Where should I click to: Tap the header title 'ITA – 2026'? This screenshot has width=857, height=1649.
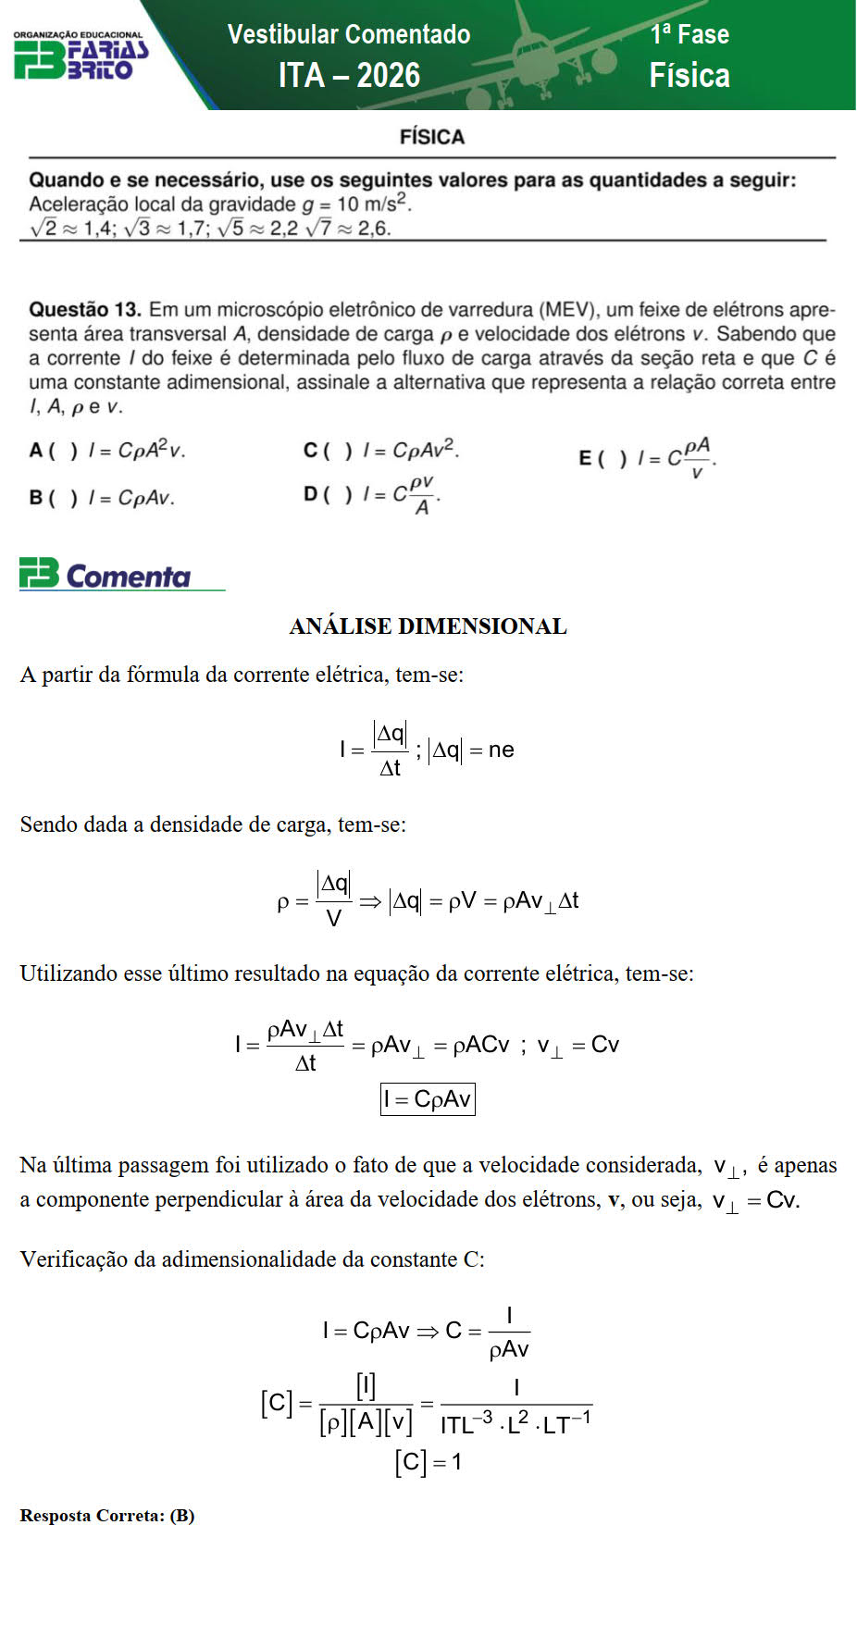349,75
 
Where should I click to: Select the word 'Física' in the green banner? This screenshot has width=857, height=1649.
689,75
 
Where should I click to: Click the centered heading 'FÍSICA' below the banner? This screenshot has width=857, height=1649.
431,137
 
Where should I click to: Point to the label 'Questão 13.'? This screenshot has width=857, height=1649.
85,309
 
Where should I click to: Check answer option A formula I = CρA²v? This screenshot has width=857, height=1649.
136,451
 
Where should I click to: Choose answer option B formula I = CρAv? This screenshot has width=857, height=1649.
131,498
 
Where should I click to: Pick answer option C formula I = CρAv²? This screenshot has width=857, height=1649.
411,451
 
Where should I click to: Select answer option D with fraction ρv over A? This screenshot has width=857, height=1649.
402,495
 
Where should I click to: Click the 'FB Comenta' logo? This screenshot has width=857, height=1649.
106,575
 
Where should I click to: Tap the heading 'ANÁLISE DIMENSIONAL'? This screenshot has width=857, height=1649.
428,626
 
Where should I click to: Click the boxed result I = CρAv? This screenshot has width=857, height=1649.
428,1099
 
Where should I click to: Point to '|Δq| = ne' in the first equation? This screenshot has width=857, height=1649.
471,750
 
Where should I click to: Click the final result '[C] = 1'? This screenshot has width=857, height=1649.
428,1462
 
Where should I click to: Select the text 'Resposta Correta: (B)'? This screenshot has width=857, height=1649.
107,1516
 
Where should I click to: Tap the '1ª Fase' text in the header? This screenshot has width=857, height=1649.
689,34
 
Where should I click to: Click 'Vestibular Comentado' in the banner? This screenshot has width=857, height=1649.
349,34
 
